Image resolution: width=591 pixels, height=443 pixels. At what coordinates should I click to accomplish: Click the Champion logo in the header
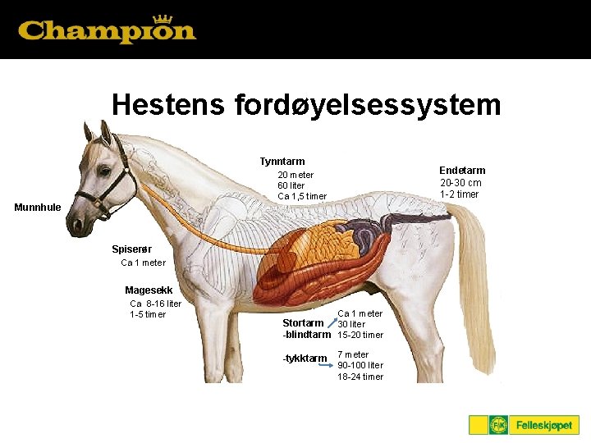coord(107,31)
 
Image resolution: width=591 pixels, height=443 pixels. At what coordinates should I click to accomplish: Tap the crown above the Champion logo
coord(163,19)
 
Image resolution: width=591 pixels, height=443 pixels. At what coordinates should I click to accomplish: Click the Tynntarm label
coord(282,162)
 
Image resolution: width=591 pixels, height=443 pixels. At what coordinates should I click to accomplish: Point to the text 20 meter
coord(295,175)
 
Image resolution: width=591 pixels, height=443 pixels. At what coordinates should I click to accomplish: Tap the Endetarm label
coord(462,171)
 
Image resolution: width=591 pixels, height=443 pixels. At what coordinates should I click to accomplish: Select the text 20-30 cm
coord(460,183)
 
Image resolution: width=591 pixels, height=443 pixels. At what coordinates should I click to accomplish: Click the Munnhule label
coord(38,208)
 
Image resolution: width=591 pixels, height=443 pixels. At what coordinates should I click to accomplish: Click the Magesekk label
coord(148,290)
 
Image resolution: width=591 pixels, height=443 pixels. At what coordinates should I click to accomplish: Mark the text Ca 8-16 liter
coord(156,304)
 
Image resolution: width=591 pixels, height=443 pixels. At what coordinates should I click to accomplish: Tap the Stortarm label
coord(302,323)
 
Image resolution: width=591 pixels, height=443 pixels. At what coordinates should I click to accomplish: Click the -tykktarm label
coord(305,359)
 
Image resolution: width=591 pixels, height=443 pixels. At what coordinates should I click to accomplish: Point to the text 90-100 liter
coord(360,366)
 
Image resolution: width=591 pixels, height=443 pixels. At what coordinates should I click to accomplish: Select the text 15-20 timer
coord(360,335)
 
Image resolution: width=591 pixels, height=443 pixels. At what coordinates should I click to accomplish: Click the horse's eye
coord(105,171)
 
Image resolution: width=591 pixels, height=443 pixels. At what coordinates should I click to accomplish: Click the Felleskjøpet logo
coord(524,425)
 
